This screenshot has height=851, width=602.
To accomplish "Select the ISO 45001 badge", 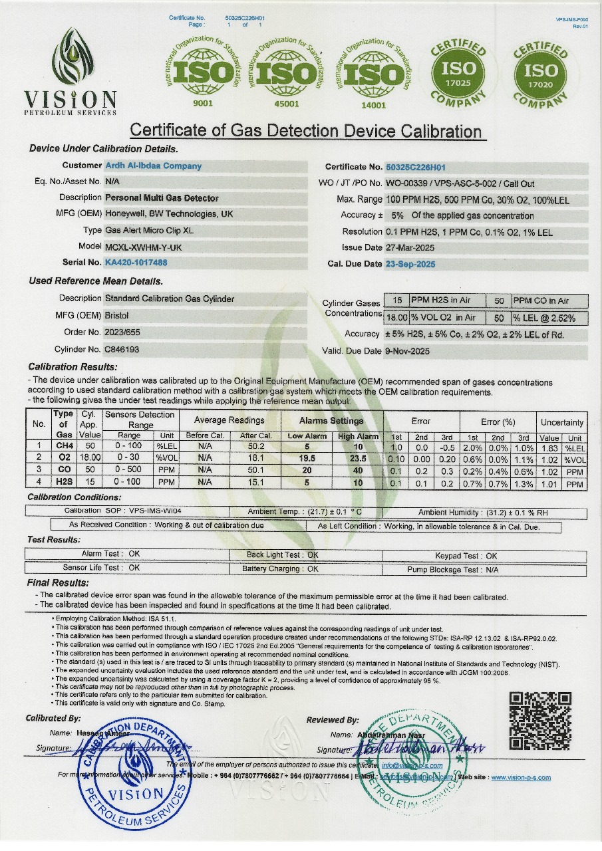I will pyautogui.click(x=286, y=73).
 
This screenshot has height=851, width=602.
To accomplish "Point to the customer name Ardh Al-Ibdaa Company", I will pyautogui.click(x=154, y=166).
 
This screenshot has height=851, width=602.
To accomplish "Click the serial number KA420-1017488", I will pyautogui.click(x=136, y=263).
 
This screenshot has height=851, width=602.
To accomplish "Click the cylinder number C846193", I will pyautogui.click(x=122, y=349).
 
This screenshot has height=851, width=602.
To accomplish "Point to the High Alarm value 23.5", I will pyautogui.click(x=358, y=459).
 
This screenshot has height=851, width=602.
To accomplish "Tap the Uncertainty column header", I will pyautogui.click(x=562, y=422).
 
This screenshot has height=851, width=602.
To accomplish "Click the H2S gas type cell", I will pyautogui.click(x=65, y=483).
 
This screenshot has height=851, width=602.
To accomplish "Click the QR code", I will pyautogui.click(x=540, y=721).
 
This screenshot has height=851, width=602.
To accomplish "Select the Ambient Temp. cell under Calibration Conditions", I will pyautogui.click(x=305, y=512).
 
